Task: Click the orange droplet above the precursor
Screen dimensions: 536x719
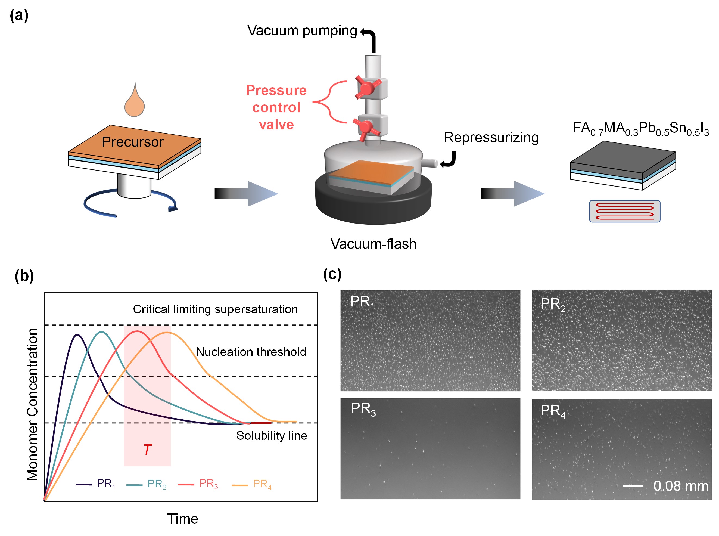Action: coord(134,102)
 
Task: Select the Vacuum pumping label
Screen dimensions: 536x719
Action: coord(302,30)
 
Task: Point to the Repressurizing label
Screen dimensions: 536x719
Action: coord(491,137)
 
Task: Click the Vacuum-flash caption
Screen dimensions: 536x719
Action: coord(373,244)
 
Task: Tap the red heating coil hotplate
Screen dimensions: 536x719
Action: coord(624,211)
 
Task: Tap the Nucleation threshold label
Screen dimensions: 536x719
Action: coord(251,352)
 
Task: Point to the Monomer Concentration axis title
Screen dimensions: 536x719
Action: coord(32,404)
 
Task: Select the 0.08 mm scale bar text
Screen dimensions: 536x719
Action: coord(680,486)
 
